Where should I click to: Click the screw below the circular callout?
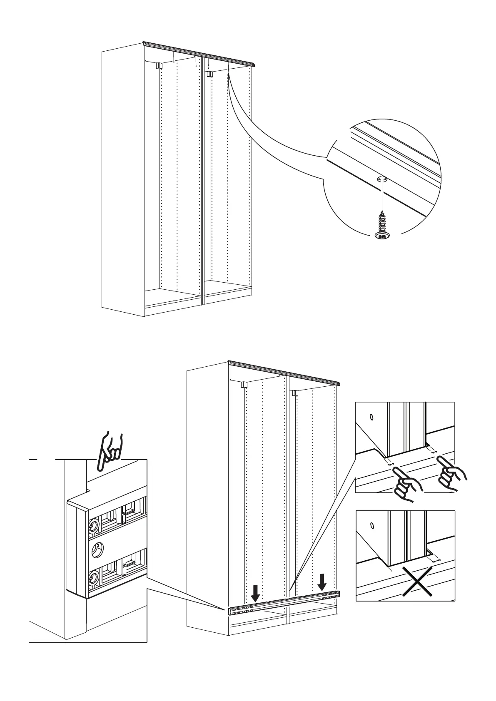381,226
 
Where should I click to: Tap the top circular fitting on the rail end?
93,526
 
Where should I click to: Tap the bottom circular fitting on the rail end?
94,578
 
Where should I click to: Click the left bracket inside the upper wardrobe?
159,66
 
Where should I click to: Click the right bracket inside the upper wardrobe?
209,75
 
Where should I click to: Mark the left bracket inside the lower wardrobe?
244,384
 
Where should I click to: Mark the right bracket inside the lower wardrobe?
295,393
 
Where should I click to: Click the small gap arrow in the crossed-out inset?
436,561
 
